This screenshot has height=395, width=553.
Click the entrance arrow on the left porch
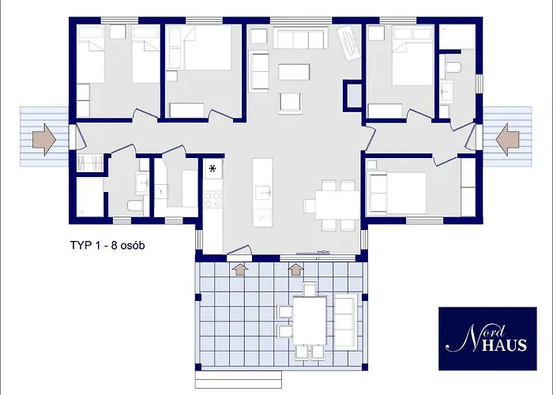pyautogui.click(x=43, y=139)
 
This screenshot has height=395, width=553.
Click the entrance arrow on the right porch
pyautogui.click(x=510, y=139)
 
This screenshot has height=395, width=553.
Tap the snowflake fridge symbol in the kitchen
pyautogui.click(x=213, y=167)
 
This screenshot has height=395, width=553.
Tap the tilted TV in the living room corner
pyautogui.click(x=347, y=41)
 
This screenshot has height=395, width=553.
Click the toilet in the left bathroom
pyautogui.click(x=135, y=206)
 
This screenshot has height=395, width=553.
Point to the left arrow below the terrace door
pyautogui.click(x=240, y=269)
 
